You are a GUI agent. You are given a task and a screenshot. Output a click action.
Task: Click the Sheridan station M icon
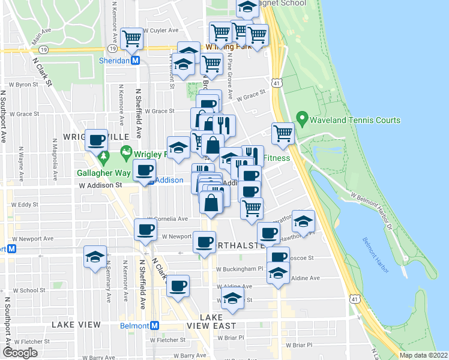(x=136, y=61)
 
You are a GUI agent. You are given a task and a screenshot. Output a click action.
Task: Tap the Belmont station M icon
(x=155, y=325)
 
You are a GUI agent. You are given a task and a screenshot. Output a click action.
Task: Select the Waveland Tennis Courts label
(x=355, y=120)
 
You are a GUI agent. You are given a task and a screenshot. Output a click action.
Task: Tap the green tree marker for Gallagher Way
(x=104, y=158)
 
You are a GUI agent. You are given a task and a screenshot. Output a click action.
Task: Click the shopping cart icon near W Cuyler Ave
(x=131, y=38)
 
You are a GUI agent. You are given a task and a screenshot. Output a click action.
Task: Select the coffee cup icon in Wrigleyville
(x=97, y=140)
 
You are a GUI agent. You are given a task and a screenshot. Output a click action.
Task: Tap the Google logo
(x=20, y=353)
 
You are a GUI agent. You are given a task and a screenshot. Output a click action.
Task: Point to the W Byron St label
(x=23, y=85)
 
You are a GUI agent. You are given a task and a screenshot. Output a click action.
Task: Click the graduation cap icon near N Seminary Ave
(x=95, y=257)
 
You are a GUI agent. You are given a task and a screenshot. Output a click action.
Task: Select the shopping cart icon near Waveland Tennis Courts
(x=283, y=134)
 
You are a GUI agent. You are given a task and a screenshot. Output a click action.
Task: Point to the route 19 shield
(x=112, y=47)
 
